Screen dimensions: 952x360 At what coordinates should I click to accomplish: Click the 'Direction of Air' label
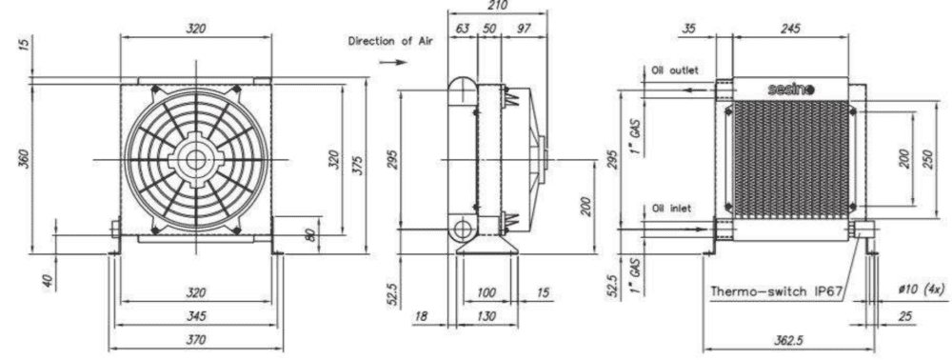click(x=389, y=41)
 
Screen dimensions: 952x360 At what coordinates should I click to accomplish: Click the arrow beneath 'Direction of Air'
click(x=392, y=62)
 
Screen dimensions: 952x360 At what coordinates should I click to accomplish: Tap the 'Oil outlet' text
click(x=675, y=70)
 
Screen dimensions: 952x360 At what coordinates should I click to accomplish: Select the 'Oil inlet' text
click(x=671, y=209)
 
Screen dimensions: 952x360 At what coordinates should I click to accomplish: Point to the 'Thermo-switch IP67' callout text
click(x=777, y=290)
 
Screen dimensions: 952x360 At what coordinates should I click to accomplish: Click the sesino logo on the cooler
click(x=790, y=90)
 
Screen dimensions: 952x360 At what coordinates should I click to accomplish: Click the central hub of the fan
click(x=195, y=160)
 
